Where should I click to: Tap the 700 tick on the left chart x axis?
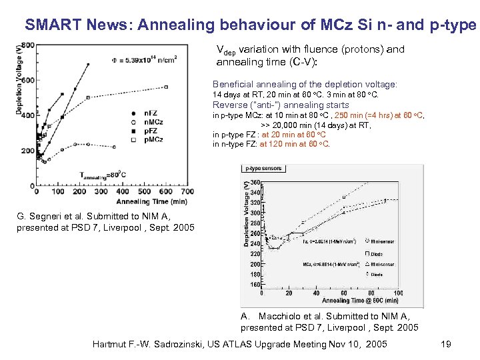188,192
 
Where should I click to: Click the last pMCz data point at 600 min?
166,87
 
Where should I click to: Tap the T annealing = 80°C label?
103,175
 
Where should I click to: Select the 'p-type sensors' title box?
262,169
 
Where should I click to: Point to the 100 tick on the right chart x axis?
397,293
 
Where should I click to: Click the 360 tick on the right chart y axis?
255,182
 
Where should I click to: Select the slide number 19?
446,344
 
